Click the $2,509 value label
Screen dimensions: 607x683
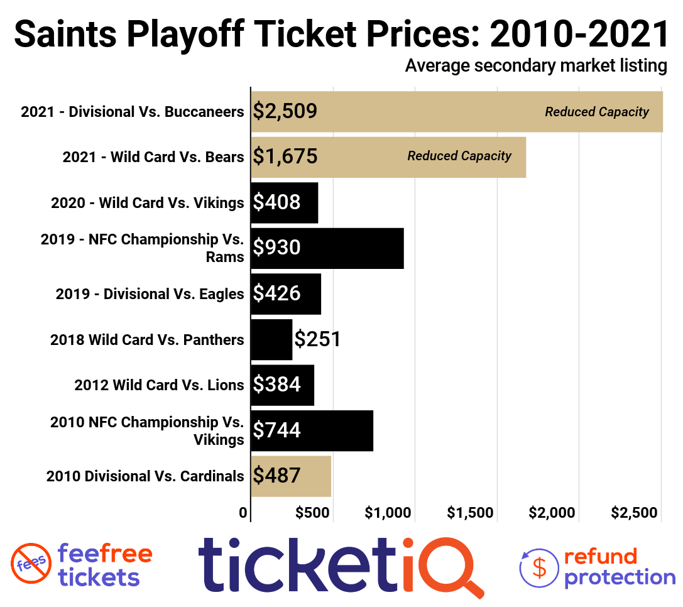click(x=285, y=112)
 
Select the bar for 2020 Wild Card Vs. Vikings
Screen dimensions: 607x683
click(x=284, y=202)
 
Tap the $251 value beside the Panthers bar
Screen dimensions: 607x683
click(x=318, y=339)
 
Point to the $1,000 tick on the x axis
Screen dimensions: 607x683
click(x=388, y=513)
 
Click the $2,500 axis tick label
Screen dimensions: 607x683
click(x=635, y=513)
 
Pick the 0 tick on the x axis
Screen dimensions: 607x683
click(x=243, y=513)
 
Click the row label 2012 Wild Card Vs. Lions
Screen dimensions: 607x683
click(x=159, y=385)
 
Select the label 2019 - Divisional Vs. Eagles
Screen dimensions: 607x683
click(x=150, y=294)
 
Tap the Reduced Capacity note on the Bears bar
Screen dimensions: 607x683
click(x=459, y=156)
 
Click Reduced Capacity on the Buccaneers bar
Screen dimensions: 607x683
click(x=597, y=112)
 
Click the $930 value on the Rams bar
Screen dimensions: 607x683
click(x=276, y=248)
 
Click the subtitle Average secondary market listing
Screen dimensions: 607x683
click(x=536, y=66)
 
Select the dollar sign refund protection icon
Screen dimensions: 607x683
click(x=538, y=567)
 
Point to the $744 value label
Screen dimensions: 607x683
click(x=276, y=430)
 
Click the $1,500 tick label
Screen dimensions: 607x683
click(x=470, y=513)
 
